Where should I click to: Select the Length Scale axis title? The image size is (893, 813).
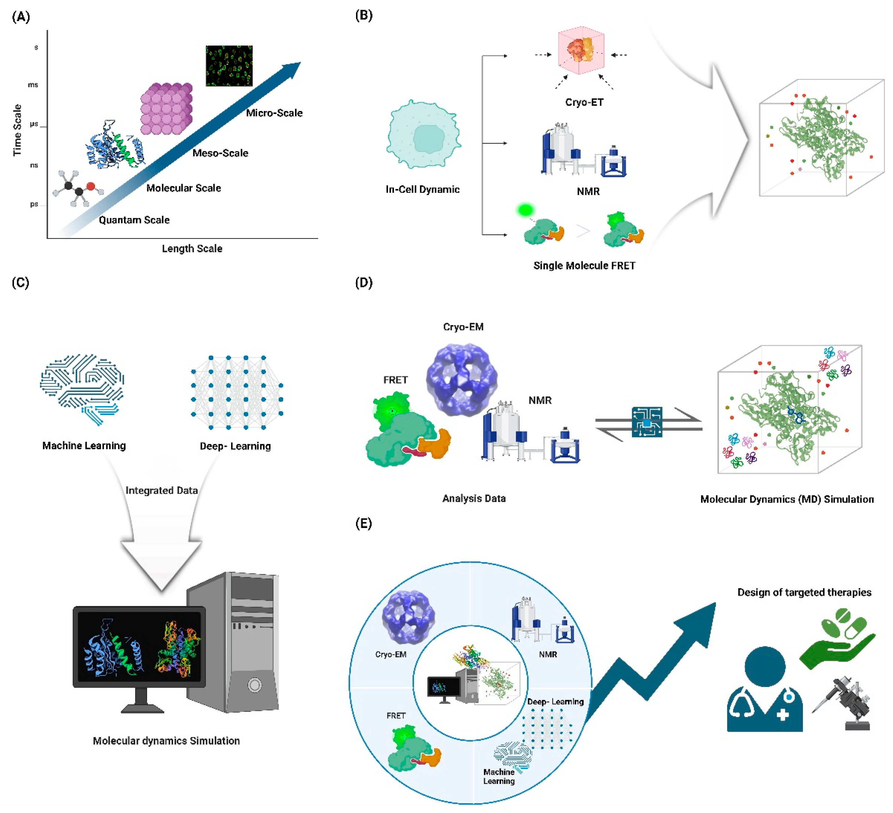tap(192, 248)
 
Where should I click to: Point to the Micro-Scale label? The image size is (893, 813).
tap(274, 113)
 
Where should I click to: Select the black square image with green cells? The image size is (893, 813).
tap(229, 65)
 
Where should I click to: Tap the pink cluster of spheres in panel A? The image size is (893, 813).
tap(166, 109)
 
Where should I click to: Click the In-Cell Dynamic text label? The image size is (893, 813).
tap(422, 190)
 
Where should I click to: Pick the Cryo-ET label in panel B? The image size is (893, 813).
tap(584, 102)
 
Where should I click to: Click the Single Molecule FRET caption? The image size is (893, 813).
tap(584, 266)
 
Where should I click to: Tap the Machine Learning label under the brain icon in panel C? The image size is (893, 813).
tap(84, 445)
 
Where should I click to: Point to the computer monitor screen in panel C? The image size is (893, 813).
tap(139, 647)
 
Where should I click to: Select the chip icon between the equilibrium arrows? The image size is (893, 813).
tap(647, 422)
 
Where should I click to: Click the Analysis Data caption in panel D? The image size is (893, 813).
tap(474, 499)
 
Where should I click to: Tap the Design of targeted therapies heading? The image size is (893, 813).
tap(804, 592)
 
